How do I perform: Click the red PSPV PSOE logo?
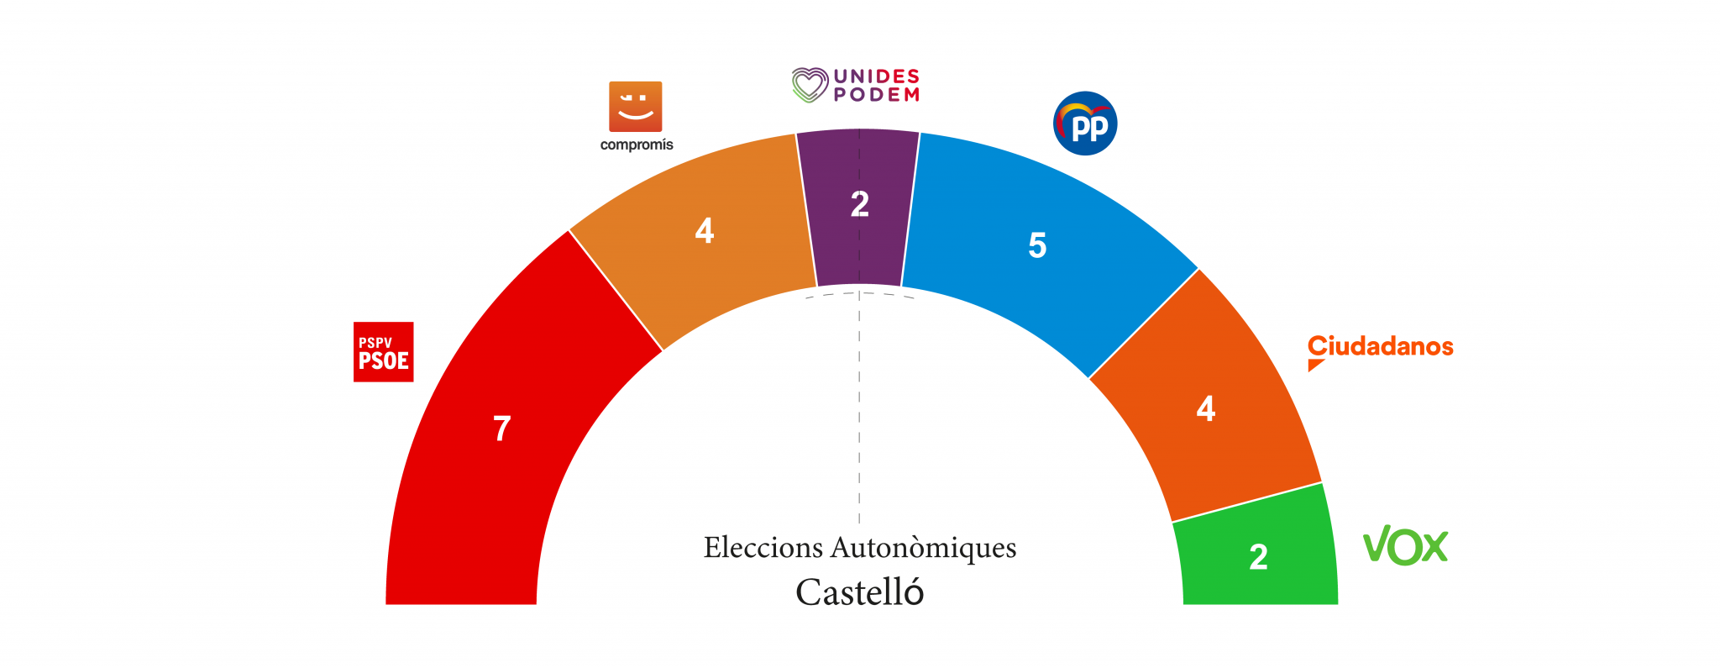point(383,352)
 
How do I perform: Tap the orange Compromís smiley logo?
point(635,106)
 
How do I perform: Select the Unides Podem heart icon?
point(810,85)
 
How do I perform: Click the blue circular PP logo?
point(1085,124)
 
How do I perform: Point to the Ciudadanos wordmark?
point(1380,347)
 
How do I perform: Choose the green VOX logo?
point(1405,546)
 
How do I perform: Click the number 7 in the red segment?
point(502,429)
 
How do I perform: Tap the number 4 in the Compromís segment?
point(705,230)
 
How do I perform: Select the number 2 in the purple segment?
point(859,204)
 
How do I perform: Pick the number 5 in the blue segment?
point(1037,245)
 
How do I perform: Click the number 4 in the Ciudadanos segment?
point(1206,408)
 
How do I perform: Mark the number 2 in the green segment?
point(1258,557)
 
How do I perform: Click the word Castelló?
point(859,592)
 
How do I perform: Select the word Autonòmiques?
point(923,548)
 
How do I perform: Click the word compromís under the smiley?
point(637,145)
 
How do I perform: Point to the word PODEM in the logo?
point(876,95)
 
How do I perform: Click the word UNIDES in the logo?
point(876,76)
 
